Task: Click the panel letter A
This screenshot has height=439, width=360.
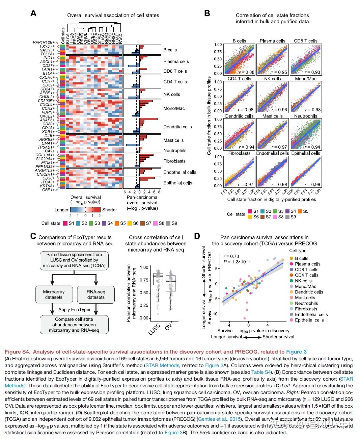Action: point(33,14)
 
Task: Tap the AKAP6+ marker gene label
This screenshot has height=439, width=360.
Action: point(47,120)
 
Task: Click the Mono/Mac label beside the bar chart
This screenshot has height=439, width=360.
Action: point(174,108)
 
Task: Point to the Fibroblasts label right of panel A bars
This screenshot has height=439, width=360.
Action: point(174,161)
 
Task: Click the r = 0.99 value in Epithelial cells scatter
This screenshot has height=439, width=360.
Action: point(312,184)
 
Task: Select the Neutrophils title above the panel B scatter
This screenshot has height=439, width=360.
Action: point(305,116)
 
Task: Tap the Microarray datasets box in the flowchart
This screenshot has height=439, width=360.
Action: point(54,294)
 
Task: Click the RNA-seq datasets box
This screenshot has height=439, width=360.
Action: point(96,294)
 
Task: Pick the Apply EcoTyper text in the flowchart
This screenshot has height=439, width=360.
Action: point(75,309)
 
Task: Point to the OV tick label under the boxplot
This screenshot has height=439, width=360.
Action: point(168,327)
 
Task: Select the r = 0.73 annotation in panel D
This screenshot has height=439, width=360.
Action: point(231,256)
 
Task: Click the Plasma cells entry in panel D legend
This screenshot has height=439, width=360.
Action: point(307,264)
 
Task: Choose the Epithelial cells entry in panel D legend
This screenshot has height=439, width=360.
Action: point(309,320)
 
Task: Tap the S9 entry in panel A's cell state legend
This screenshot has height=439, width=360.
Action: point(174,223)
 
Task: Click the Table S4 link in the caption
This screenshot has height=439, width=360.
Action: point(261,372)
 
